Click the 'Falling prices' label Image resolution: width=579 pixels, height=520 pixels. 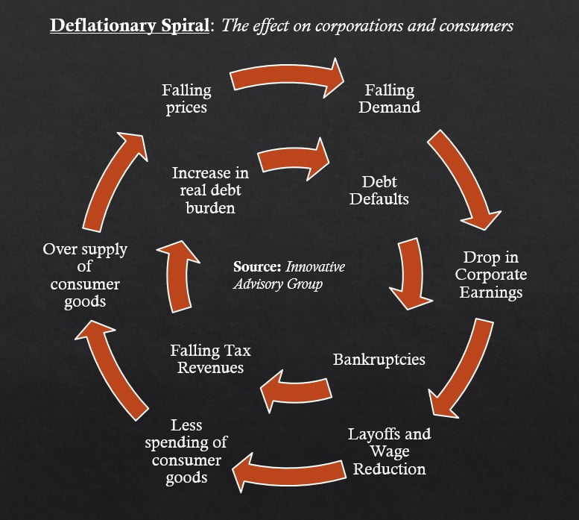(186, 98)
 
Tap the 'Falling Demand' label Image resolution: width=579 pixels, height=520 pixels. (389, 98)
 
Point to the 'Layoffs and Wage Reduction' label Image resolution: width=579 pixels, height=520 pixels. (389, 451)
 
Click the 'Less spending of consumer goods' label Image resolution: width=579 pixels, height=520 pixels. (186, 451)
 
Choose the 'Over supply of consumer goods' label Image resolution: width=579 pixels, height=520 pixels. (85, 275)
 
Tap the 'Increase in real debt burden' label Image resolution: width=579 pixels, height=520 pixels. (210, 190)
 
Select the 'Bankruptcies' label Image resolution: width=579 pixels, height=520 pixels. (379, 360)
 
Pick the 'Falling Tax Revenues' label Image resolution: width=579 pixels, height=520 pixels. (210, 359)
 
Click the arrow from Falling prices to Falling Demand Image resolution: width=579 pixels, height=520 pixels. (288, 78)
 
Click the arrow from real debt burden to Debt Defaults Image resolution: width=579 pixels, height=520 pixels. (294, 157)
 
